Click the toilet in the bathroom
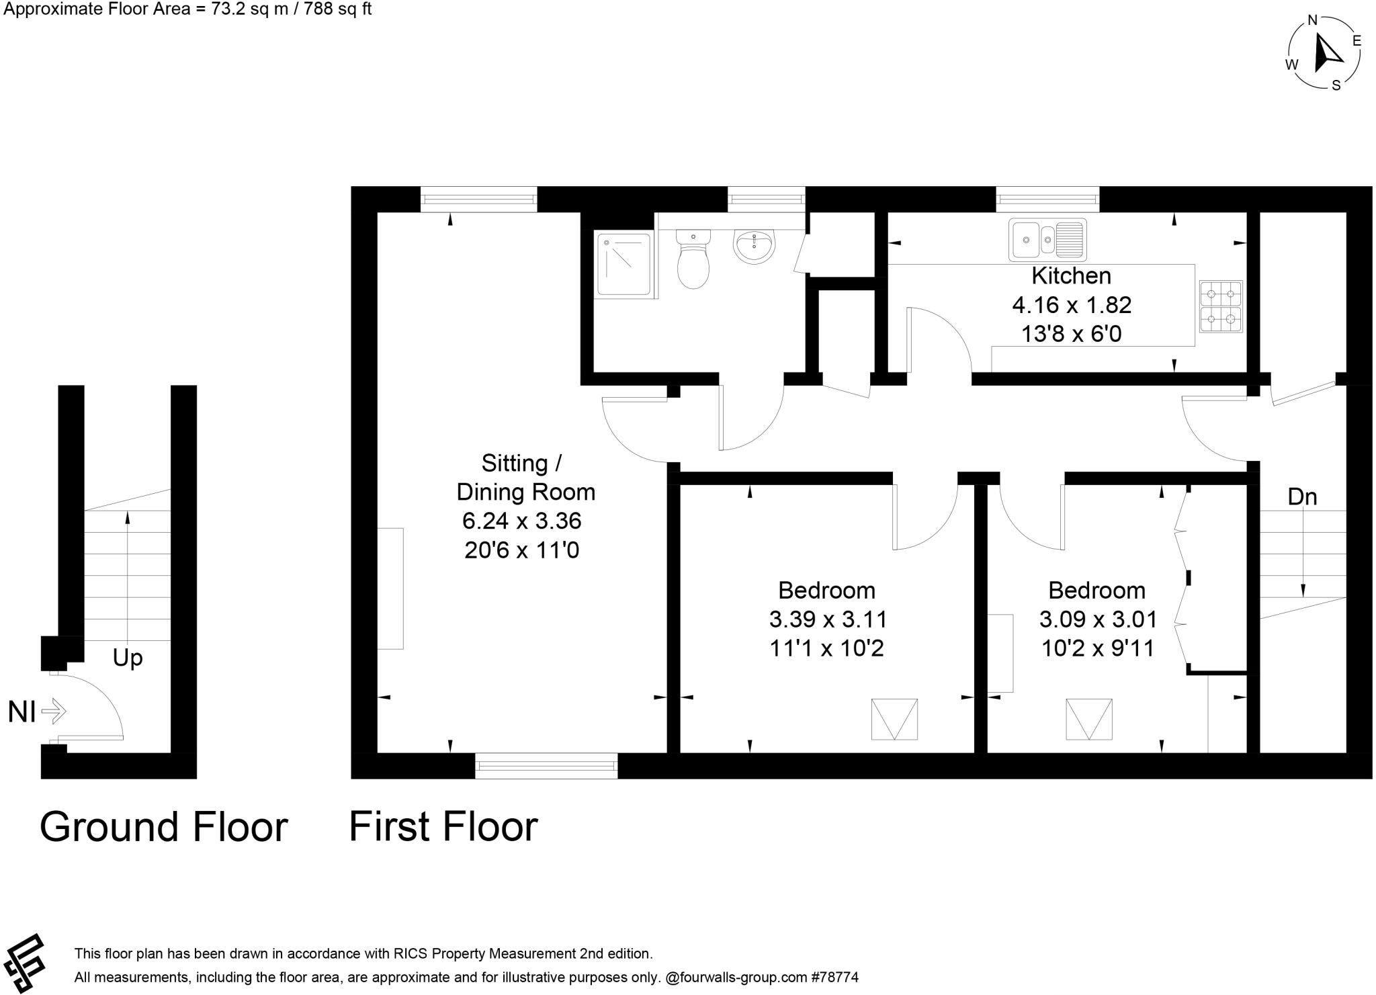693,261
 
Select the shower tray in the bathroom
622,263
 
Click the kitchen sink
1047,240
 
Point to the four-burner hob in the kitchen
1221,306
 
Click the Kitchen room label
1071,275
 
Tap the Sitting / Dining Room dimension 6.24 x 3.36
521,521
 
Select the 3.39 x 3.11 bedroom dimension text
828,619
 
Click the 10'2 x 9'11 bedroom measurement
1098,648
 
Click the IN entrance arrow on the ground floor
54,710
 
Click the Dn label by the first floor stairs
1301,496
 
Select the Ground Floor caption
163,826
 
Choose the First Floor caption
443,826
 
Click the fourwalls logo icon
24,963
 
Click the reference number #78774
835,978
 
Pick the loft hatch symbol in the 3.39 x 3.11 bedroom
894,720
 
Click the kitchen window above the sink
1047,198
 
